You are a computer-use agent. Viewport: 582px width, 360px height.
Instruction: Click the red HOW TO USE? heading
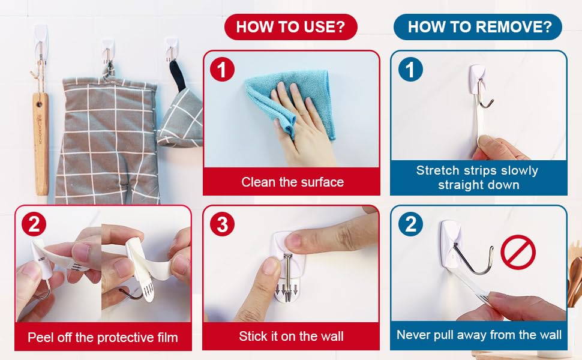pos(290,27)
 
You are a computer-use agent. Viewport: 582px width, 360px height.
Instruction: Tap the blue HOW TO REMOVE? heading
pos(478,27)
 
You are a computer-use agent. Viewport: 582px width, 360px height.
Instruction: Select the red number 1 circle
pos(222,70)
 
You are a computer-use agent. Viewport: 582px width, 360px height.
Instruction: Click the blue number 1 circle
pos(410,70)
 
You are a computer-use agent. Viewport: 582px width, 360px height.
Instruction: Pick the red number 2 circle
pos(34,224)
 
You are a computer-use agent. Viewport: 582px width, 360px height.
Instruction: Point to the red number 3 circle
pos(222,224)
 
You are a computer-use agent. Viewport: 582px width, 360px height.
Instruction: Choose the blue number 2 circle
pos(410,224)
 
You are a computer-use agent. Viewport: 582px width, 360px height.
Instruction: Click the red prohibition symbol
pos(518,252)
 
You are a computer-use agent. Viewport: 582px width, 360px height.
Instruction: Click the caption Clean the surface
pos(292,182)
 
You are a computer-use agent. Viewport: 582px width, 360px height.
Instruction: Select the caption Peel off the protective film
pos(103,337)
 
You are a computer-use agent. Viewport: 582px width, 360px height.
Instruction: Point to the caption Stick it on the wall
pos(291,336)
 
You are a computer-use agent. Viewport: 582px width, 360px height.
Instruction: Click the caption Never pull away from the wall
pos(479,335)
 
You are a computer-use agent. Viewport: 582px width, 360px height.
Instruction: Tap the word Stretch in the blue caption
pos(437,170)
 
